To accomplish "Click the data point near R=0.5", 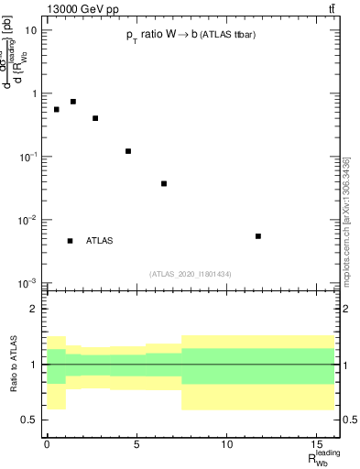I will pos(56,109).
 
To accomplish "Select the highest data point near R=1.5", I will pos(73,102).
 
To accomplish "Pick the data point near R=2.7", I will pos(95,118).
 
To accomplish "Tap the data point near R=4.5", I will pos(128,151).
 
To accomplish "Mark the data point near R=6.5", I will pos(164,183).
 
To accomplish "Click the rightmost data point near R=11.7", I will pos(258,236).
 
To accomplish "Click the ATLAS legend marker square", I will pos(71,241).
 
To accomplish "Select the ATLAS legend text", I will pos(99,241).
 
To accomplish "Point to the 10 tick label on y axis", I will pos(31,30).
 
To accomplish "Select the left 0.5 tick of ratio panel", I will pos(29,420).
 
